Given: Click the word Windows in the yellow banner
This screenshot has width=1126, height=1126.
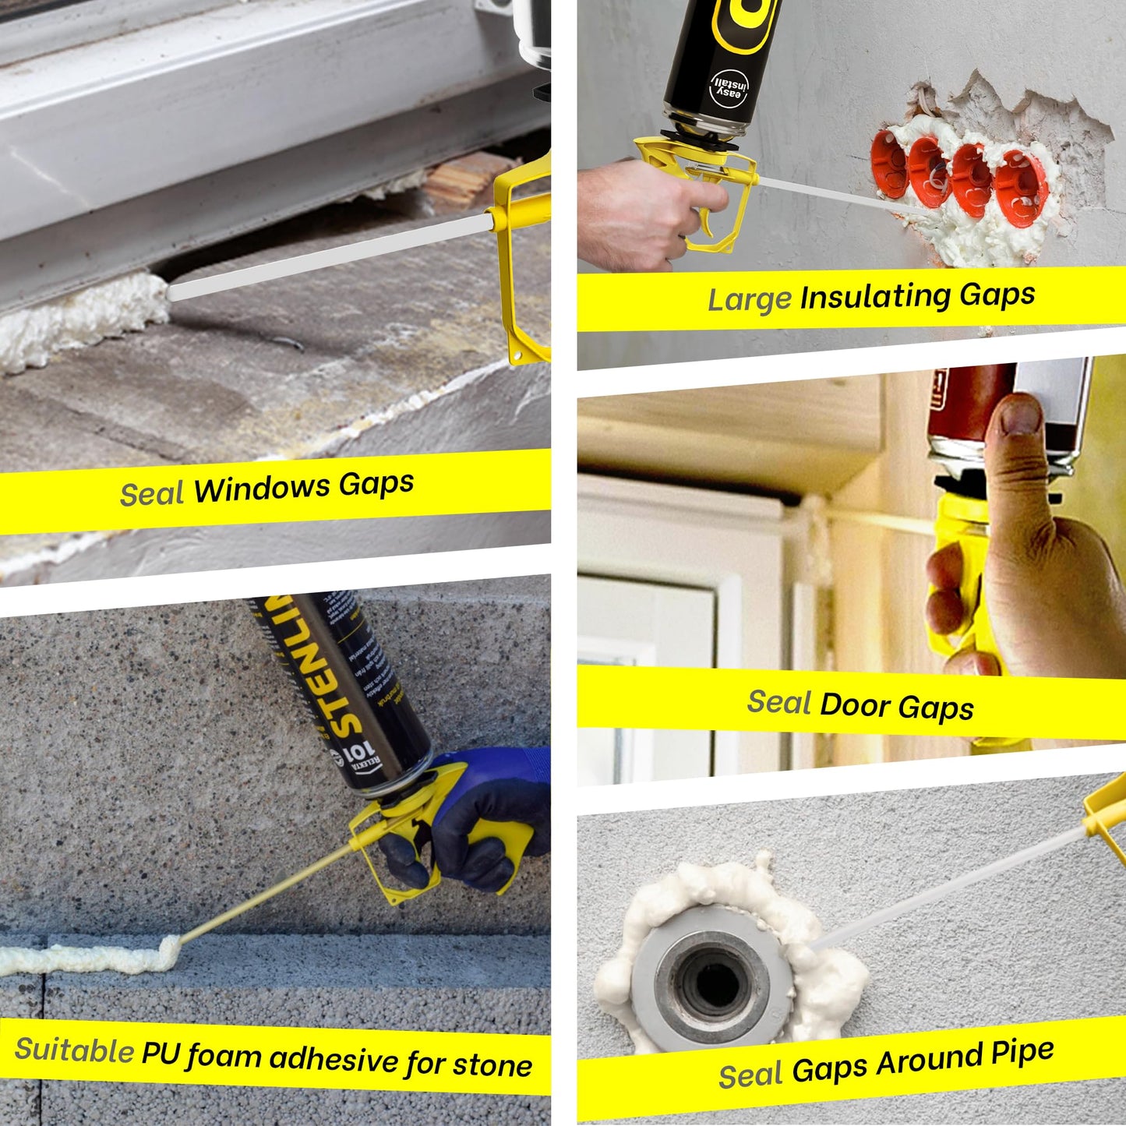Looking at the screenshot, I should click(263, 489).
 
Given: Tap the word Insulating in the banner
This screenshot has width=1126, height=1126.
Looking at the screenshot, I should click(876, 297).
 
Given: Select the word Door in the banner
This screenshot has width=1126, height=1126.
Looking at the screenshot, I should click(855, 704).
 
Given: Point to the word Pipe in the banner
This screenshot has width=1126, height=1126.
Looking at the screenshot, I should click(1022, 1054).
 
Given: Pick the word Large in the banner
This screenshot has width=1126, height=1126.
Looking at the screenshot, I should click(749, 300).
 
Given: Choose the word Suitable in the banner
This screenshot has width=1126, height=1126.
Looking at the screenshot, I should click(74, 1050).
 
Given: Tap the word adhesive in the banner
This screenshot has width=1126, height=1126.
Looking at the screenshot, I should click(334, 1059).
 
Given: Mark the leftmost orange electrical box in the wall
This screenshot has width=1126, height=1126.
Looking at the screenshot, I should click(891, 164).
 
